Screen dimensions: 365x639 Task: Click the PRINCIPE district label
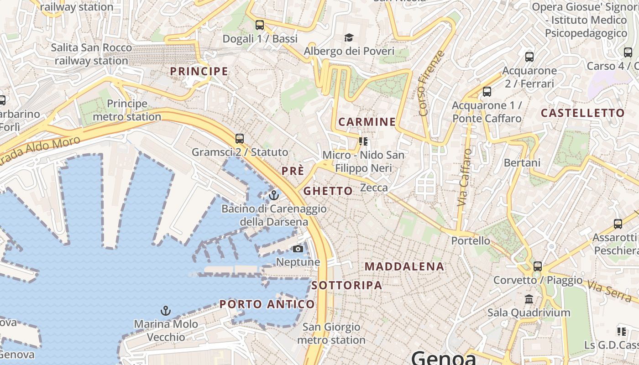pyautogui.click(x=199, y=71)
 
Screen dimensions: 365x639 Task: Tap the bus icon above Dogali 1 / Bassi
pyautogui.click(x=260, y=25)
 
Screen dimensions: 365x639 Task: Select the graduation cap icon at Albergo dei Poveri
pyautogui.click(x=349, y=37)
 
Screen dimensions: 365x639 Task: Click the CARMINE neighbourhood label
pyautogui.click(x=367, y=122)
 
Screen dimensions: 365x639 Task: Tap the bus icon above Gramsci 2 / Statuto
pyautogui.click(x=240, y=138)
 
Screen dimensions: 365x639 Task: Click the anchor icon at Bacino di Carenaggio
pyautogui.click(x=274, y=196)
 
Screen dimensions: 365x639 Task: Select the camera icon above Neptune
pyautogui.click(x=298, y=249)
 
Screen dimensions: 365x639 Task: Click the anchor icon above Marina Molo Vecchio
pyautogui.click(x=166, y=311)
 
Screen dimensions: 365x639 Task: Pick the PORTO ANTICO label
pyautogui.click(x=267, y=304)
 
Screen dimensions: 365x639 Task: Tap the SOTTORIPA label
pyautogui.click(x=347, y=286)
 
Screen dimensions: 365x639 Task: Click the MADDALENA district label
pyautogui.click(x=404, y=267)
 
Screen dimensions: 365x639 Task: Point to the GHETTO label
pyautogui.click(x=328, y=191)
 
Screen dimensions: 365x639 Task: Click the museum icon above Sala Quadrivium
pyautogui.click(x=529, y=299)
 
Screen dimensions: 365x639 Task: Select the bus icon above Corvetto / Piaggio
pyautogui.click(x=538, y=266)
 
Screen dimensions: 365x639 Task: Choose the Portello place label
pyautogui.click(x=471, y=240)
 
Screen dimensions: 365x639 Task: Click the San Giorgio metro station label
pyautogui.click(x=331, y=334)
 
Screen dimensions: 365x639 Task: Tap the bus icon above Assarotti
pyautogui.click(x=618, y=224)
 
